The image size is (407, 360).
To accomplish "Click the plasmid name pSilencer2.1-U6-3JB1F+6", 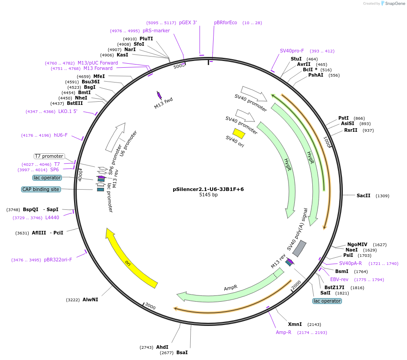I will (x=208, y=189).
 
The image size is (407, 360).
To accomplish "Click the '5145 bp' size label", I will (x=208, y=195).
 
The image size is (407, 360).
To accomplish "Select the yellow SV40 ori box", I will (x=239, y=134).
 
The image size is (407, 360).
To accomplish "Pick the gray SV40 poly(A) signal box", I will (x=299, y=248).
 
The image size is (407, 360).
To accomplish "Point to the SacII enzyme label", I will (x=363, y=195).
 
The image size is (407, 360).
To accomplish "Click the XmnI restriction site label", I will (x=295, y=324).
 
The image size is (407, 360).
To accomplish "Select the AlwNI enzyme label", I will (x=90, y=299).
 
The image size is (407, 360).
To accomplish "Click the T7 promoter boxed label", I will (x=49, y=156).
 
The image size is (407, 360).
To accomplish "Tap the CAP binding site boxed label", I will (x=41, y=189).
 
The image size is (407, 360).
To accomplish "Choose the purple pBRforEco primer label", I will (x=225, y=22).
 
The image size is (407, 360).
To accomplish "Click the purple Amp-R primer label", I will (x=284, y=332).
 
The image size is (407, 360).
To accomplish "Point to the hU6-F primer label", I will (x=61, y=135).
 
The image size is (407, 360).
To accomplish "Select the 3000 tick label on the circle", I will (x=150, y=307).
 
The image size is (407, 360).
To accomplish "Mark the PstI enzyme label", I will (x=343, y=118).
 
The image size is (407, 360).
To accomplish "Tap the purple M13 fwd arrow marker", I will (x=159, y=95).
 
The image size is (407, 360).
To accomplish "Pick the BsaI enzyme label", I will (x=182, y=352).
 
